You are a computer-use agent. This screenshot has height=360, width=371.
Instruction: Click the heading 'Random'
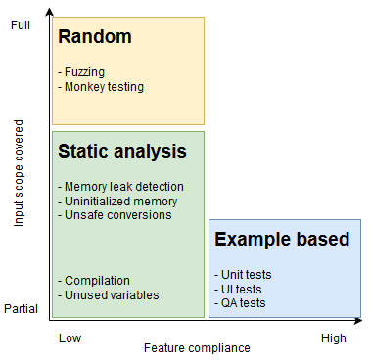(95, 38)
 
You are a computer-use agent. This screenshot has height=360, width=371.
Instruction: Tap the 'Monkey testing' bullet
(102, 87)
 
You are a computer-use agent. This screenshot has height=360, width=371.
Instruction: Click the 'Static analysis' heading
(122, 152)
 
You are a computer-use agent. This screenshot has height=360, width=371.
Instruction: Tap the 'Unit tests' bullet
(244, 275)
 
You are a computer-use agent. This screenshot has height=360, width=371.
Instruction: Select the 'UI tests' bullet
(240, 289)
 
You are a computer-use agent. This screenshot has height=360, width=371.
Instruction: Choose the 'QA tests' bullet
(241, 302)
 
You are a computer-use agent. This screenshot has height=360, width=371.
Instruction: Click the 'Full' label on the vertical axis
(22, 25)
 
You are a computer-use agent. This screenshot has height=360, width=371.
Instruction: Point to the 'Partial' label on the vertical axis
(22, 308)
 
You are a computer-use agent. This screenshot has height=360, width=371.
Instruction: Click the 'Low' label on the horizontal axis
(70, 337)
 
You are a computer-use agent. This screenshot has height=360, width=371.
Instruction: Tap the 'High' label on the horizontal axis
(334, 337)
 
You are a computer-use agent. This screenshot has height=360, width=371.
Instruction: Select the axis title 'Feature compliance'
(197, 347)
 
